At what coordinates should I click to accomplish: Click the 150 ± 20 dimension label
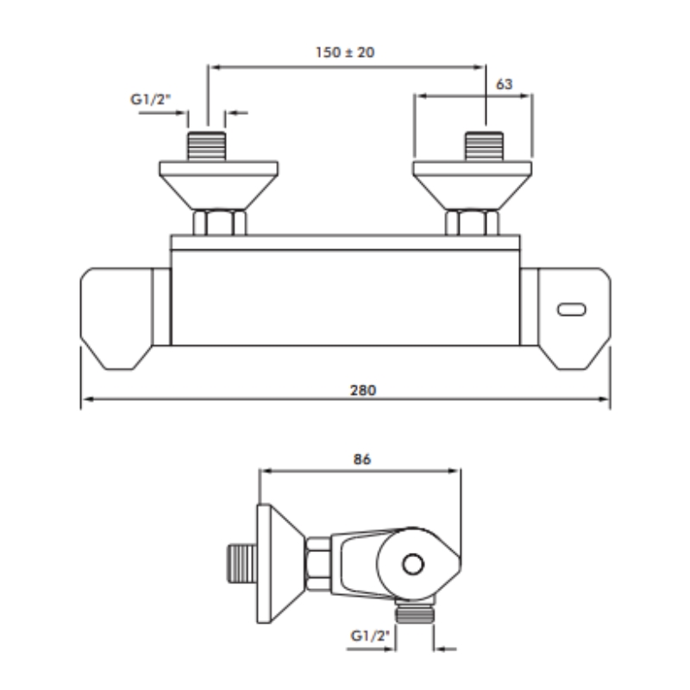pyautogui.click(x=345, y=53)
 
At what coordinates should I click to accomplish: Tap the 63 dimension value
pyautogui.click(x=504, y=84)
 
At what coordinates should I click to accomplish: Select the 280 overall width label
pyautogui.click(x=363, y=391)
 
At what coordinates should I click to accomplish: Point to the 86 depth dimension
pyautogui.click(x=362, y=459)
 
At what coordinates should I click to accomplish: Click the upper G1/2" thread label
pyautogui.click(x=150, y=99)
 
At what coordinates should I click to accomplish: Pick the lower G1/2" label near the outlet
pyautogui.click(x=370, y=636)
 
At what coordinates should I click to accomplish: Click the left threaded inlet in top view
pyautogui.click(x=207, y=146)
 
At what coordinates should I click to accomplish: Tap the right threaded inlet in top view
pyautogui.click(x=485, y=146)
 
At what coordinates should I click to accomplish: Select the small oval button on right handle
pyautogui.click(x=572, y=310)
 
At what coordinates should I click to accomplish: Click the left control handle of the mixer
pyautogui.click(x=125, y=318)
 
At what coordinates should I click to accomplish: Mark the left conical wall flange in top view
pyautogui.click(x=219, y=185)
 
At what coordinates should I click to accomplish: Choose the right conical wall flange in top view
pyautogui.click(x=472, y=185)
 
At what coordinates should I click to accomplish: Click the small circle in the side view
pyautogui.click(x=413, y=564)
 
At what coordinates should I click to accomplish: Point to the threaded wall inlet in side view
pyautogui.click(x=242, y=564)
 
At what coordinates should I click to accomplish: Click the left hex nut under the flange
pyautogui.click(x=220, y=223)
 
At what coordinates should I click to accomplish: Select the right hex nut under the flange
pyautogui.click(x=472, y=223)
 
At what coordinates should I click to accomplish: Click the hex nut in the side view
pyautogui.click(x=318, y=564)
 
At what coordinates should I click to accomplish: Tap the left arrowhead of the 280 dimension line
pyautogui.click(x=87, y=399)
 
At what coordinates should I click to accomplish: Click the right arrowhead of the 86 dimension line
pyautogui.click(x=454, y=471)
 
